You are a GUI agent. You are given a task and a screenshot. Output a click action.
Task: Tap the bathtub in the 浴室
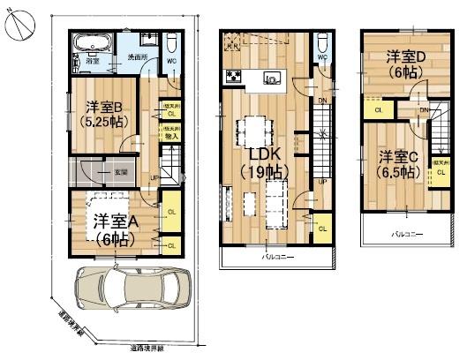click(91, 45)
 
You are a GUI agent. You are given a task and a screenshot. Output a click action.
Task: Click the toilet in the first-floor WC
click(172, 46)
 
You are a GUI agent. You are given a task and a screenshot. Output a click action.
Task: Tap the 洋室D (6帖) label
click(405, 63)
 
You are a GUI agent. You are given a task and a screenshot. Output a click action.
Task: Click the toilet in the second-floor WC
click(322, 44)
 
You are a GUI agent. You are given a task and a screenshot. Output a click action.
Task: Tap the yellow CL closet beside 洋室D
click(378, 109)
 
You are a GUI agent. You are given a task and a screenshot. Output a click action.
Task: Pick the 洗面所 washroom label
click(138, 56)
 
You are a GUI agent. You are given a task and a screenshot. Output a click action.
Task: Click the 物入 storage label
click(172, 136)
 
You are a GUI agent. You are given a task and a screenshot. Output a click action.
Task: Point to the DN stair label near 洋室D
click(425, 109)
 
